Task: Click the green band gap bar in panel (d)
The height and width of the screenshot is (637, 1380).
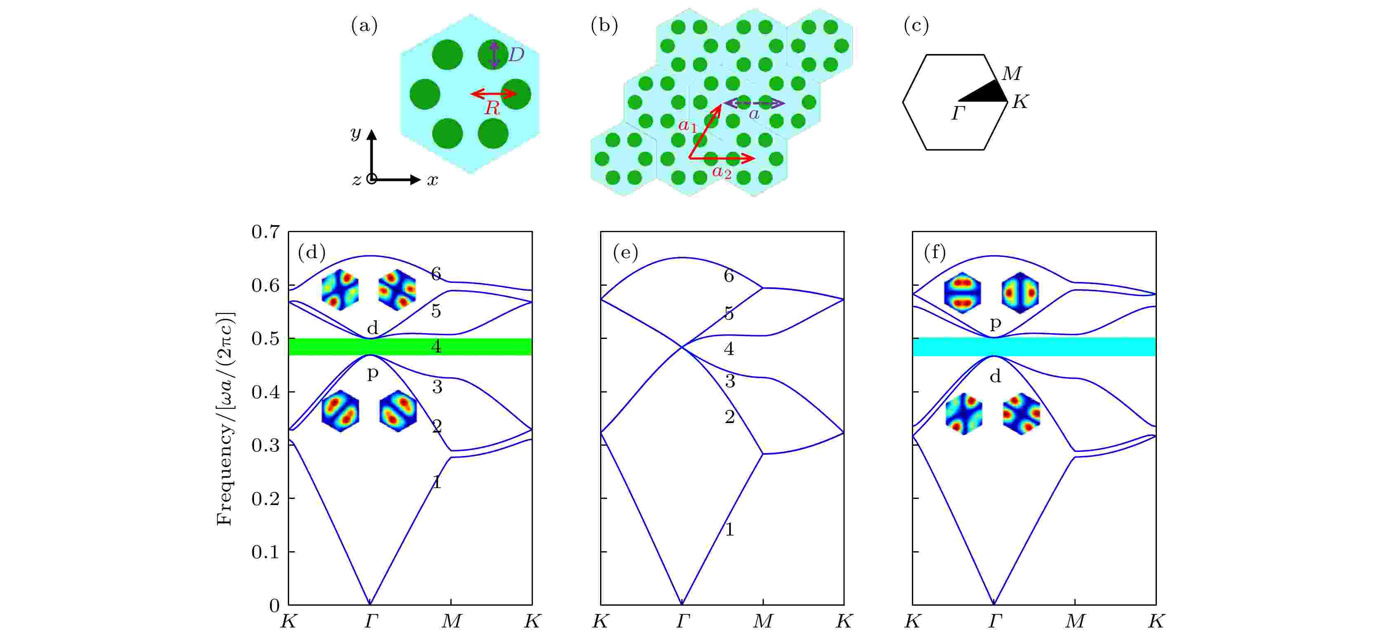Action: (410, 347)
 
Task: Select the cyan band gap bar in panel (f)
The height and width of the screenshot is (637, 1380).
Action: (1034, 347)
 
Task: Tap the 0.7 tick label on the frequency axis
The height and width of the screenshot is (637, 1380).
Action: (266, 232)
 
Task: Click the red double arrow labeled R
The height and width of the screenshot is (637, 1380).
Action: (493, 94)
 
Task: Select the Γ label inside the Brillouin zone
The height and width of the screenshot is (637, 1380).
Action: (959, 113)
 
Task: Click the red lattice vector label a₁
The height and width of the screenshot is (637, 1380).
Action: (688, 126)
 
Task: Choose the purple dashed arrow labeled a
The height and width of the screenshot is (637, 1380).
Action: (754, 103)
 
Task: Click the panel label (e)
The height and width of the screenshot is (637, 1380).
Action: (625, 252)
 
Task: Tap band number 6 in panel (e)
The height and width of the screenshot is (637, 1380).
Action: (729, 276)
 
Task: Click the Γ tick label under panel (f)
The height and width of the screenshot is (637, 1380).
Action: (994, 621)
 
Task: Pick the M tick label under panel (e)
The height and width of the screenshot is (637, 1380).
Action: (763, 621)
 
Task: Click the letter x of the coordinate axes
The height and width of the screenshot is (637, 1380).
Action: (432, 181)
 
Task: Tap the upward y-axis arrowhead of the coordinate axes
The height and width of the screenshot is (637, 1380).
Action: (371, 134)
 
